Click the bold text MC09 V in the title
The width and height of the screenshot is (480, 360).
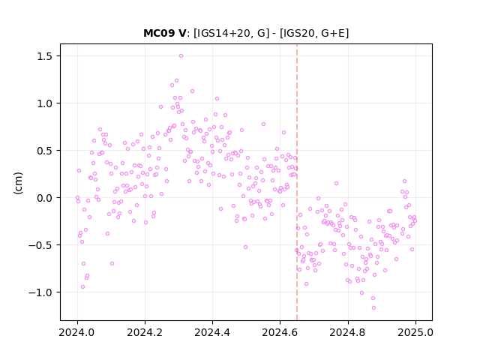tap(164, 33)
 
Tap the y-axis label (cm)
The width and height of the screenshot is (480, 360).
tap(18, 183)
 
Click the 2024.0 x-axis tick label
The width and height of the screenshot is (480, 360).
tap(77, 332)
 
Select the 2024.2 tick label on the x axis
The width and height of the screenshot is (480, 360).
tap(145, 332)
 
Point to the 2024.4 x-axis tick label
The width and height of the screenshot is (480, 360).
tap(212, 332)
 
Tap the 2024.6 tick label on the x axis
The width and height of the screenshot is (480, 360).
tap(280, 332)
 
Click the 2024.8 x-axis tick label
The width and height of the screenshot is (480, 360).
tap(348, 332)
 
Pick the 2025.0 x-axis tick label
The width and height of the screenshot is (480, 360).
tap(415, 332)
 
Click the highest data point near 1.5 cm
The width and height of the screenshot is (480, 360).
tap(181, 56)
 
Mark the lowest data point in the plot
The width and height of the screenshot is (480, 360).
tap(373, 308)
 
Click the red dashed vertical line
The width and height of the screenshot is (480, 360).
tap(297, 182)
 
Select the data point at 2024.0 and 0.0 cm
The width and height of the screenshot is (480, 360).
tap(77, 198)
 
